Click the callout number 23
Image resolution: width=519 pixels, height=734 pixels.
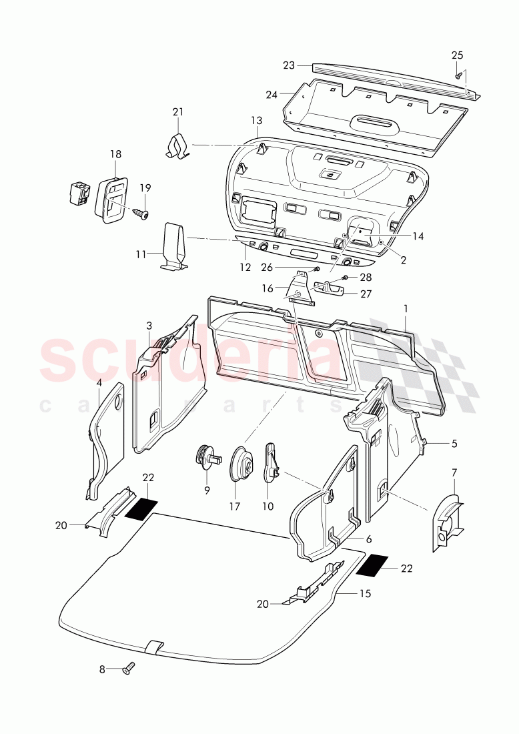288,65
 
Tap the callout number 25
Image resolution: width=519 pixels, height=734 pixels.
457,55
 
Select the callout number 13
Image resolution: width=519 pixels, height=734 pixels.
257,120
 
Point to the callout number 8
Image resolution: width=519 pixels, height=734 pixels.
102,668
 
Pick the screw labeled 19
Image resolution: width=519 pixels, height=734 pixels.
141,213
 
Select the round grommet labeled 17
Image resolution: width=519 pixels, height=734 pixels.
240,462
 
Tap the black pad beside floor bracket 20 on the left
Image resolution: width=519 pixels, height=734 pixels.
141,509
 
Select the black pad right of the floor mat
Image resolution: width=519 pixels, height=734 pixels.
376,565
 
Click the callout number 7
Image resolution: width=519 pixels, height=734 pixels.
454,472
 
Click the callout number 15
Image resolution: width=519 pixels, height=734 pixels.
365,593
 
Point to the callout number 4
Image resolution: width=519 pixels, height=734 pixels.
99,382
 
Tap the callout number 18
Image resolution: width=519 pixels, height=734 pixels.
115,154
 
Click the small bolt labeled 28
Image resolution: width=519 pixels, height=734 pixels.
346,278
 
